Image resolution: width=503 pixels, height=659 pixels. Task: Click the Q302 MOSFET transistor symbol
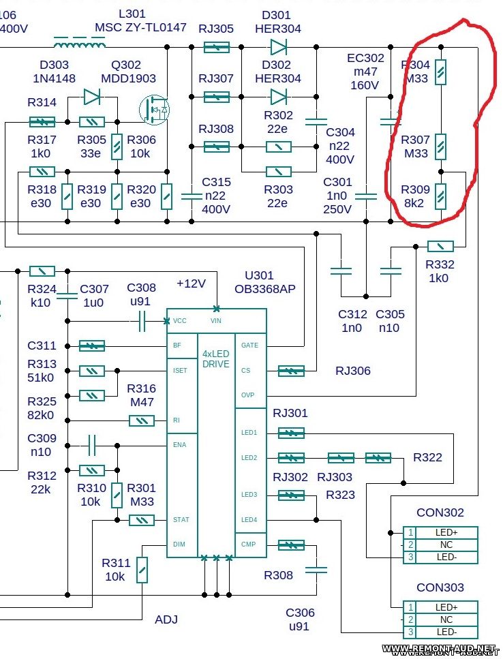(x=154, y=110)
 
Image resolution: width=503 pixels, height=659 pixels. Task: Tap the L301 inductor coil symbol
(x=80, y=46)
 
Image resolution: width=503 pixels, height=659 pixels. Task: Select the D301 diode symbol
(x=278, y=46)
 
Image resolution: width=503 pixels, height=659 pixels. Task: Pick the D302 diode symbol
(x=278, y=97)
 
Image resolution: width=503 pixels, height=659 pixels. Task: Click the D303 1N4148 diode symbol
(x=92, y=97)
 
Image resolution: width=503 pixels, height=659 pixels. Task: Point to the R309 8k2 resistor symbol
(x=441, y=196)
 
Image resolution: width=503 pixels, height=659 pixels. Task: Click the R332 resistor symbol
(x=440, y=246)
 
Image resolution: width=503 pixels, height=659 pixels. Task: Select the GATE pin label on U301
(x=249, y=346)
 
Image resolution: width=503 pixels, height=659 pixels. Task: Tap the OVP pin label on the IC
(x=248, y=395)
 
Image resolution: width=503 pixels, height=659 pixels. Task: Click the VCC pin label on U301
(x=179, y=320)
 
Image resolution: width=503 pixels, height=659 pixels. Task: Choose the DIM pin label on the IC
(x=179, y=545)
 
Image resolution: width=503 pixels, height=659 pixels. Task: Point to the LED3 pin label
(x=249, y=495)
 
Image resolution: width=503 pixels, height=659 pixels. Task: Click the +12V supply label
(x=191, y=283)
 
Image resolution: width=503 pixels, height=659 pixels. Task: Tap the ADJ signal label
(x=166, y=619)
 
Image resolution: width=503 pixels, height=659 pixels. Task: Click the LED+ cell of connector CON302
(x=446, y=532)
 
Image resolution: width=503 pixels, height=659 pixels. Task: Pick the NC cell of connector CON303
(x=446, y=619)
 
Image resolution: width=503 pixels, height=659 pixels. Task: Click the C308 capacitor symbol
(x=142, y=320)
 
